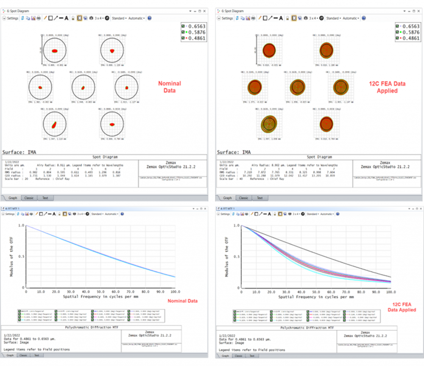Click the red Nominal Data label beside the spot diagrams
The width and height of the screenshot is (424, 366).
[169, 86]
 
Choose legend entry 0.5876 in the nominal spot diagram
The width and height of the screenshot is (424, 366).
[197, 32]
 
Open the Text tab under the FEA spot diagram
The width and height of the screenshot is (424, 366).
[259, 198]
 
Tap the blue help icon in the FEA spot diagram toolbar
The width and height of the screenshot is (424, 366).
[364, 18]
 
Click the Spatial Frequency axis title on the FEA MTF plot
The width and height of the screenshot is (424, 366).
[316, 297]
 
